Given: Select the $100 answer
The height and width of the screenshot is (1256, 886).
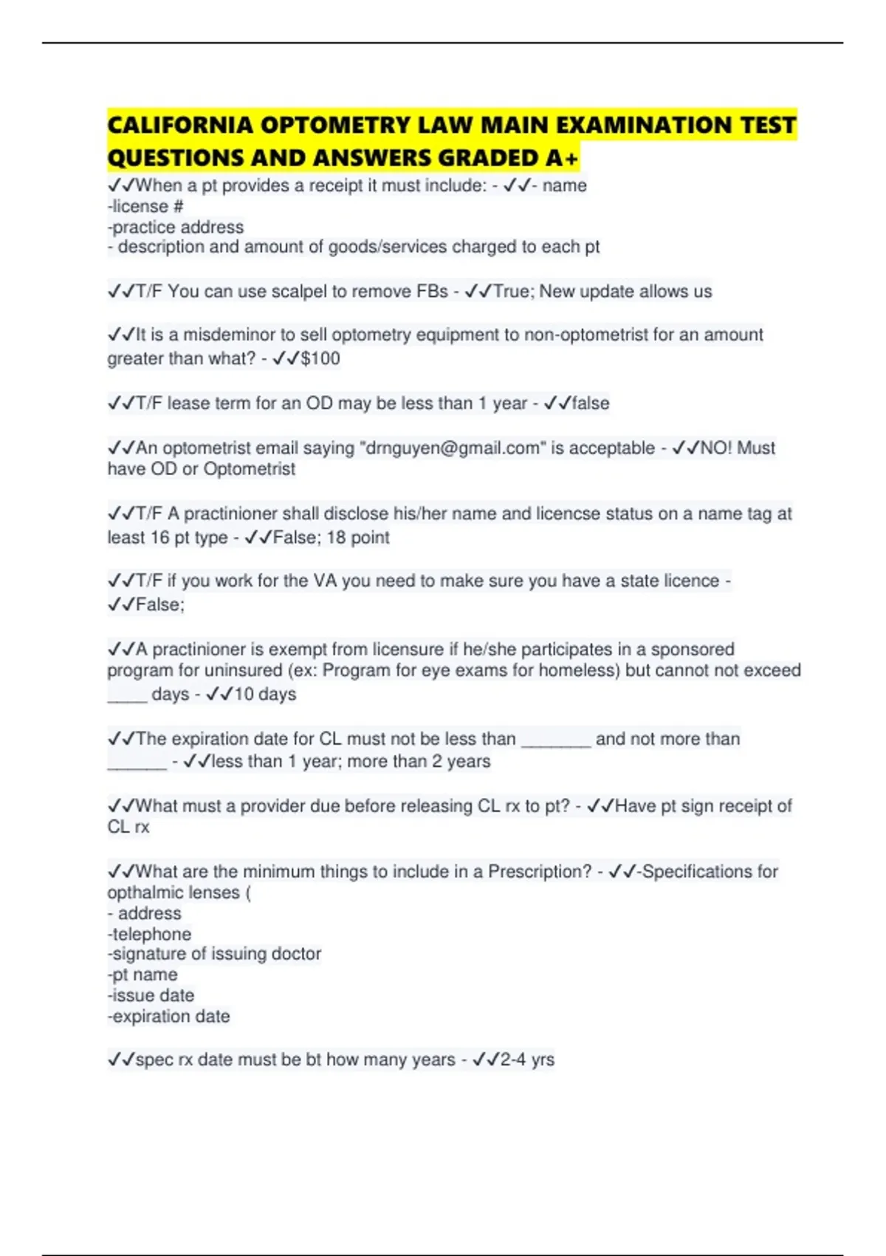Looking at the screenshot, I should pos(320,359).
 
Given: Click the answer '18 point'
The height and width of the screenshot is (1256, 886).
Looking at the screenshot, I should pos(358,538).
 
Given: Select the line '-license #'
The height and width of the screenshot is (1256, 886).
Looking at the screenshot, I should pos(145,207).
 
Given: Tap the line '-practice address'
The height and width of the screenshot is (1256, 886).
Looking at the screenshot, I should pos(176,228).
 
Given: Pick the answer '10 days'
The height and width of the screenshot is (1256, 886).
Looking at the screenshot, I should pos(265,694).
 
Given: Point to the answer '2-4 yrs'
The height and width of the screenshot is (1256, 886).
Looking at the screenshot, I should pos(527,1059).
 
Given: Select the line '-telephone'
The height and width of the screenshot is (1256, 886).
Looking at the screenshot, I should pos(149,934).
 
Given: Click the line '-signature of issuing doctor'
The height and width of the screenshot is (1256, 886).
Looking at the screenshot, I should pos(214,954).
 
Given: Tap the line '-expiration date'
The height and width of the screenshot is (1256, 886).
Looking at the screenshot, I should pos(169,1017).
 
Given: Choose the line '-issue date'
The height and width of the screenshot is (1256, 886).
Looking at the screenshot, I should pos(151,996).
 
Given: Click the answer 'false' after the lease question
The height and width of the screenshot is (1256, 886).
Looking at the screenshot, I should pos(591,403).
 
